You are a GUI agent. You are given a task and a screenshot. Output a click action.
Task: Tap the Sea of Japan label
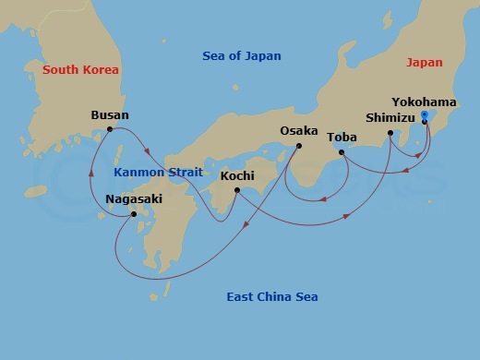point(241,56)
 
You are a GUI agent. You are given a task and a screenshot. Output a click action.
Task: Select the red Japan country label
point(425,63)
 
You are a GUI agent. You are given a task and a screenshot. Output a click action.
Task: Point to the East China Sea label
point(271,296)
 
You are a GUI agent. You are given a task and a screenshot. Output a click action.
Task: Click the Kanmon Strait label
point(152,172)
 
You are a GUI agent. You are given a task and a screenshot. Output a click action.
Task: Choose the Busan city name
point(110,115)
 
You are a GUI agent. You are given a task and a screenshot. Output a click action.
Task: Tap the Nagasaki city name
point(135,198)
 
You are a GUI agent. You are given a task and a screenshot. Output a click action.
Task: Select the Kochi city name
point(237,175)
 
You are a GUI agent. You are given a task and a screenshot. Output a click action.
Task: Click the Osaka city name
point(299,131)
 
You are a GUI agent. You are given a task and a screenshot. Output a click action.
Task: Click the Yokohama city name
point(423,102)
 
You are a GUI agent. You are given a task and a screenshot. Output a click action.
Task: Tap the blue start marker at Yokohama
point(424,114)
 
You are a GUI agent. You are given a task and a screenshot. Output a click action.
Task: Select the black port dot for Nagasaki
point(135,215)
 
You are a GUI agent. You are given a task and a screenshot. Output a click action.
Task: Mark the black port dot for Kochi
point(237,191)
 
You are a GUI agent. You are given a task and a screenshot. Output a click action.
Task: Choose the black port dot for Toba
point(342,152)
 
